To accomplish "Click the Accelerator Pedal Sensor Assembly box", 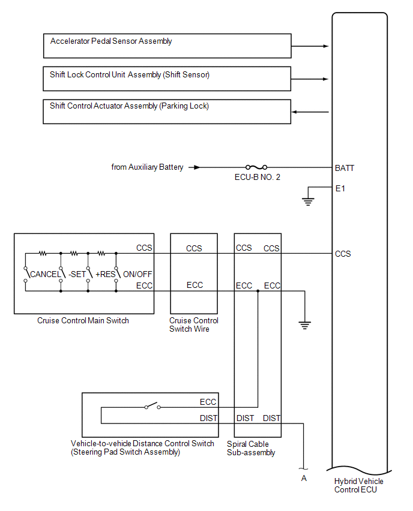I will [167, 46].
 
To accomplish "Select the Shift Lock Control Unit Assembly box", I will [167, 79].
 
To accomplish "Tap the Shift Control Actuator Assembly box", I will [167, 112].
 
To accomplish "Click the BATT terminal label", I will [345, 168].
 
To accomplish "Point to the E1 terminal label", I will [340, 188].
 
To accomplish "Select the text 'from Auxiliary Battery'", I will [147, 167].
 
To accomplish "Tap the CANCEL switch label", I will [45, 274].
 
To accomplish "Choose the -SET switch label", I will [76, 274].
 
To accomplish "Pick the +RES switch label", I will [105, 274].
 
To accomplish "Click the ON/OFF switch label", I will [137, 274].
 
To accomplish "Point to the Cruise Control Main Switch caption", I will [83, 320].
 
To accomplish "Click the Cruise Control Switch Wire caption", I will [194, 324].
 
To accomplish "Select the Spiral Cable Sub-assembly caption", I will [251, 448].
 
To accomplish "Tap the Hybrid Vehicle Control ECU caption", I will [358, 485].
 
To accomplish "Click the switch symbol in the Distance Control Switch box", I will [152, 407].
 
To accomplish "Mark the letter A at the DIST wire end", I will [304, 478].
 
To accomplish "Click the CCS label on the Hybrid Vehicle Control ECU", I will [343, 254].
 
